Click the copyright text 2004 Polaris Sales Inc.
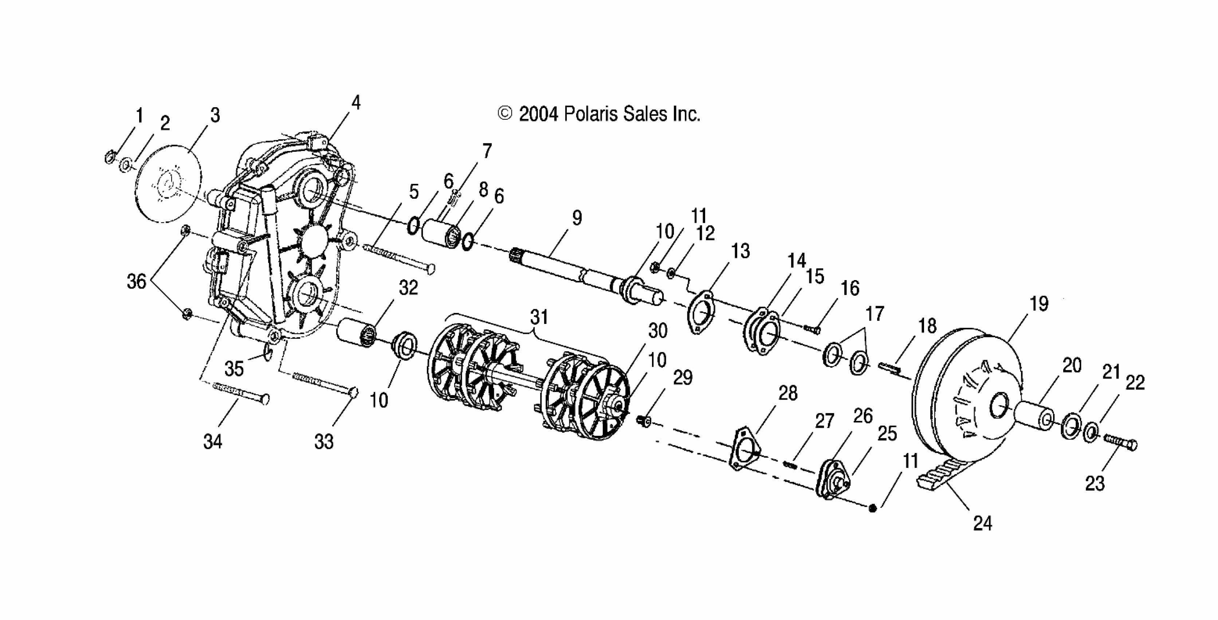598,115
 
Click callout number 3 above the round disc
215,115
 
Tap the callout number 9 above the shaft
577,218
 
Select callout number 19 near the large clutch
1039,303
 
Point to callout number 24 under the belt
982,523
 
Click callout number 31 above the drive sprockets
539,317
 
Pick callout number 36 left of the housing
136,282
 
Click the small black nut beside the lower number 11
873,508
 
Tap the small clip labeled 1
109,156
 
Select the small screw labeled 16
812,328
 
